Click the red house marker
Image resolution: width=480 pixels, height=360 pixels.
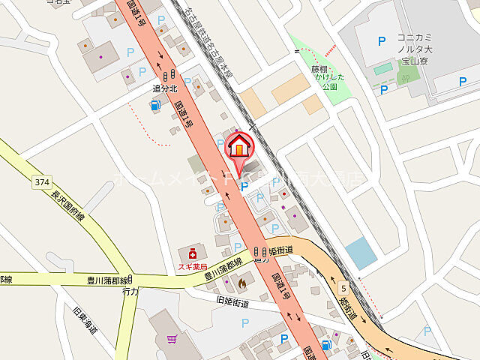[239, 146]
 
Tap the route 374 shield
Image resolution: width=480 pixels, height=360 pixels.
[41, 181]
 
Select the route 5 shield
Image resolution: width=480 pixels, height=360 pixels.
[343, 287]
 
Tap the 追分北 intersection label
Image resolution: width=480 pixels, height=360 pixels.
[164, 88]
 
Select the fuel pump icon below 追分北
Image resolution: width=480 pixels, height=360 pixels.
[155, 106]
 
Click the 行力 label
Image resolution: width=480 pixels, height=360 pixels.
[130, 291]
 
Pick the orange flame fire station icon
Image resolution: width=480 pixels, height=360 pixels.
[241, 283]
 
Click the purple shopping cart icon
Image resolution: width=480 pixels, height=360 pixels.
[171, 339]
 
